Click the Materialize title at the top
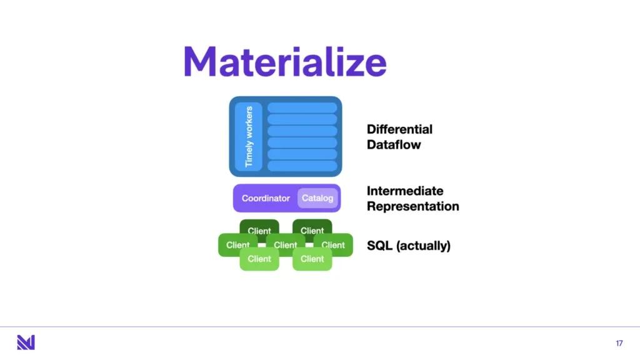coord(285,62)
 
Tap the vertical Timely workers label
coord(249,136)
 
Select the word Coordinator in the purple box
coord(266,198)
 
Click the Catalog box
coord(318,198)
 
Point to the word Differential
coord(399,129)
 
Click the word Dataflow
coord(394,145)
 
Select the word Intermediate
coord(405,191)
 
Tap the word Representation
coord(412,206)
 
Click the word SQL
coord(380,246)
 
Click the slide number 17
coord(619,343)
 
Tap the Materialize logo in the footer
coord(26,342)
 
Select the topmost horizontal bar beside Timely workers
coord(302,108)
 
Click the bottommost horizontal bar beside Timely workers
coord(302,166)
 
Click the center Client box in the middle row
coord(286,245)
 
